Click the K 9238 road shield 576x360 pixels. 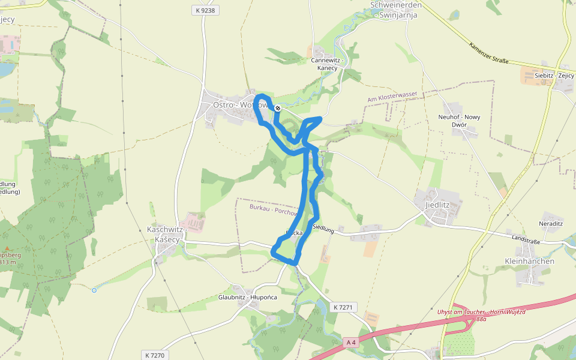point(205,10)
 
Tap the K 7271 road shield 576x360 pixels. point(344,307)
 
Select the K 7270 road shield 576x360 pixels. point(154,355)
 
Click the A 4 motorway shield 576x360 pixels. point(351,343)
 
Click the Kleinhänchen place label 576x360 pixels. point(529,262)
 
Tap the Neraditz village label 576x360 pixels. point(551,223)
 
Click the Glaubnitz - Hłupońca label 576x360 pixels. point(248,298)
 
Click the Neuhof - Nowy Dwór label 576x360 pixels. point(460,121)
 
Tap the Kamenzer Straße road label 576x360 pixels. point(488,52)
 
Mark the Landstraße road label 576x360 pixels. point(526,238)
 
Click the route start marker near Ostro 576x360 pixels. point(278,108)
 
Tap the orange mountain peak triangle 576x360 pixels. point(7,248)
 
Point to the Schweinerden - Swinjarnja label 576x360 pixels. point(395,10)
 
